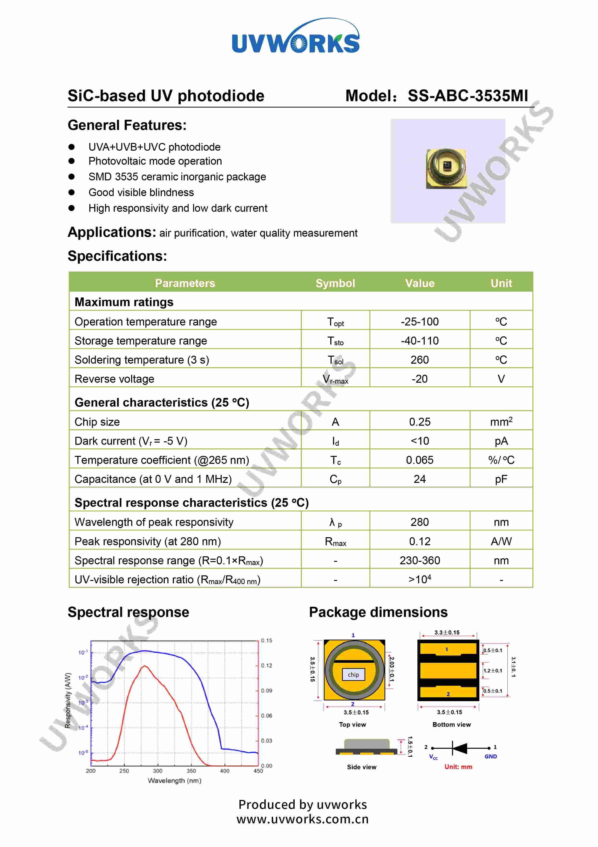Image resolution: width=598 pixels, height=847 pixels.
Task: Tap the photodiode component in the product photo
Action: coord(446,169)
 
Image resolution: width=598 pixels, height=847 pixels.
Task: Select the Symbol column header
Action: coord(335,283)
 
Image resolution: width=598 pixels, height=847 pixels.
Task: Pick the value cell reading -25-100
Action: coord(420,322)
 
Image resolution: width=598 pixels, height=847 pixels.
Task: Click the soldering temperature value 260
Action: coord(420,360)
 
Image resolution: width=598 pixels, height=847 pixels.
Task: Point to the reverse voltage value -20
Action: coord(420,379)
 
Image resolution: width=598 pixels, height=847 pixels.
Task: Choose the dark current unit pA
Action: coord(501,441)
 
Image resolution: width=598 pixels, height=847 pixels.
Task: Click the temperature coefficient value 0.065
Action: coord(420,460)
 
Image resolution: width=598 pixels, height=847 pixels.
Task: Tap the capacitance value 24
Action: coord(420,479)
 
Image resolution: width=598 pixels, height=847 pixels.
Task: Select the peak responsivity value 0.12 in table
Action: coord(420,541)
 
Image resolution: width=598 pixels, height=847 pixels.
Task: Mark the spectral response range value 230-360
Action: coord(420,560)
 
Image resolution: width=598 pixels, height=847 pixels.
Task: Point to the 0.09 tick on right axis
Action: coord(266,691)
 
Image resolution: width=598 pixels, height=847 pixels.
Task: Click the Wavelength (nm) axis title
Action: coord(174,781)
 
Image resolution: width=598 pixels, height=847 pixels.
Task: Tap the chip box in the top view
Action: coord(353,675)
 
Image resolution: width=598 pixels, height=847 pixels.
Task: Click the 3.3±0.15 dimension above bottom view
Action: coord(447,632)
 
